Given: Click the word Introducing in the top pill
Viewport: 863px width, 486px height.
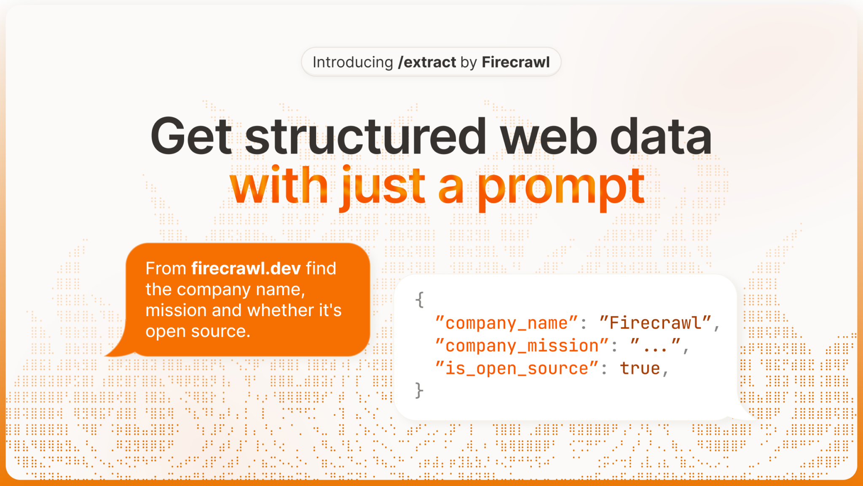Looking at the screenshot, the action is tap(353, 62).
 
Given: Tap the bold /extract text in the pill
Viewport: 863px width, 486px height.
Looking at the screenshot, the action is tap(427, 62).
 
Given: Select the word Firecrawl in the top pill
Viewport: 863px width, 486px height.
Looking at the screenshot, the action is tap(516, 62).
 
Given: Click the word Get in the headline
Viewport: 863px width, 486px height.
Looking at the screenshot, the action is tap(191, 136).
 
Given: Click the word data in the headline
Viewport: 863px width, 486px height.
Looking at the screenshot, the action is tap(661, 135).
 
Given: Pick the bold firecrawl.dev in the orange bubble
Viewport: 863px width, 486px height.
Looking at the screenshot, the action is tap(246, 268).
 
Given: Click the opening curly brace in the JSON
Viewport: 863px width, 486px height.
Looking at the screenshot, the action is tap(419, 300).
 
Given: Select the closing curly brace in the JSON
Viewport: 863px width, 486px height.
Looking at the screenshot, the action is tap(418, 390).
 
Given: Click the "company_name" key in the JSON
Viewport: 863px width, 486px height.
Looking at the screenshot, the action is tap(506, 323).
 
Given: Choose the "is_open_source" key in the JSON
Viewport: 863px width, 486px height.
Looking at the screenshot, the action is tap(517, 368).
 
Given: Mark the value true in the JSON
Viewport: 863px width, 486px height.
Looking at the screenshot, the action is tap(640, 368).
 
